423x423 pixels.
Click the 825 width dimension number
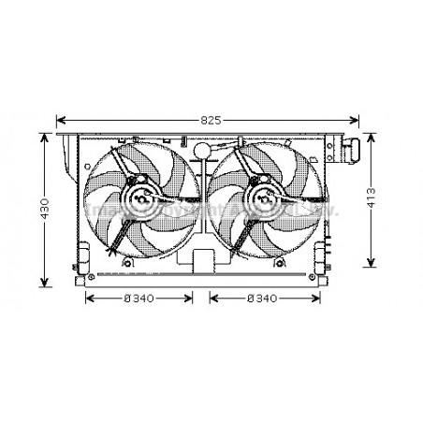click(211, 120)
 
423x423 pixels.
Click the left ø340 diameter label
click(139, 299)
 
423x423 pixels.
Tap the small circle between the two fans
click(201, 152)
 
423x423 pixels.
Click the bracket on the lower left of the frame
click(83, 255)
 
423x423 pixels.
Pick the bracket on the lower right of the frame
click(323, 255)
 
